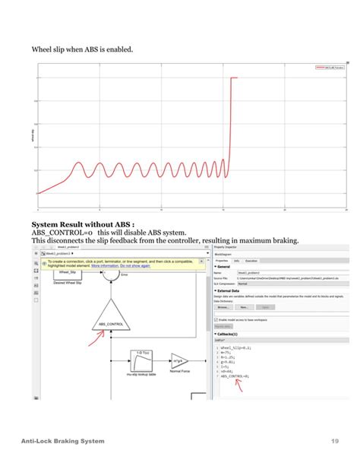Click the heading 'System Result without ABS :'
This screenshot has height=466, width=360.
(x=83, y=225)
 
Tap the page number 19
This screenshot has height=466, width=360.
(x=334, y=442)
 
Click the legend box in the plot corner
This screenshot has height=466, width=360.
(x=329, y=67)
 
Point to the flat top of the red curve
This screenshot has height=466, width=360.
(x=234, y=78)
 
